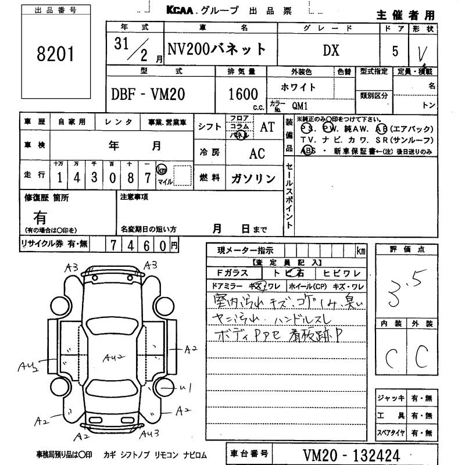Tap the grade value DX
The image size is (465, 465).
pyautogui.click(x=331, y=50)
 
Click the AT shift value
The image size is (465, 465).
pyautogui.click(x=267, y=128)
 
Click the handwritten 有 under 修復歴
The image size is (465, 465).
pyautogui.click(x=40, y=217)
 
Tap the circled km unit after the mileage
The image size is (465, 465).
pyautogui.click(x=163, y=170)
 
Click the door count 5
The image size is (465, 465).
pyautogui.click(x=395, y=51)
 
